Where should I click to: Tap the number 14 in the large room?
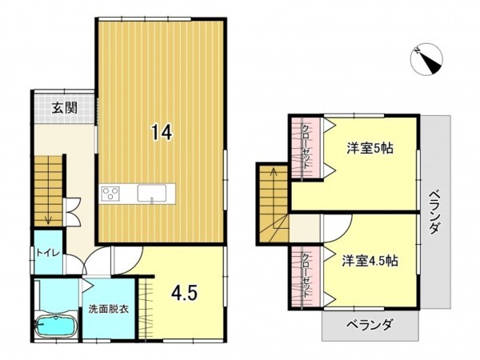161,134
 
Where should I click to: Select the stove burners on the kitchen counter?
111,194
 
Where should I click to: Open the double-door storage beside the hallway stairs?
73,210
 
